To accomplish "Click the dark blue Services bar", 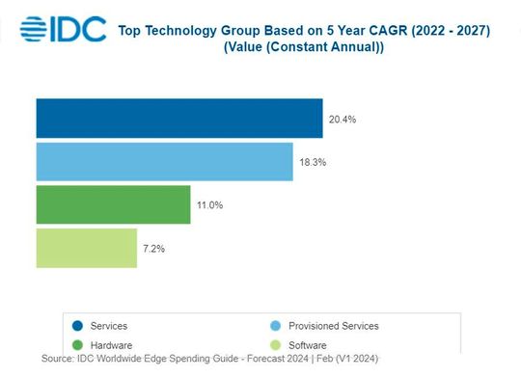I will (x=179, y=119).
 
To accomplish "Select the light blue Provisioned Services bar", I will (x=164, y=161).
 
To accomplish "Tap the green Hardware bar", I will (x=113, y=204).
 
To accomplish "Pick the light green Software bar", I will (x=86, y=248).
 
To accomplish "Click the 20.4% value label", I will (x=343, y=120).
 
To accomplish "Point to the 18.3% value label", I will (x=313, y=162).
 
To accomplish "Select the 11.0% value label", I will (x=210, y=205).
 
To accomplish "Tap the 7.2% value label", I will (x=154, y=249).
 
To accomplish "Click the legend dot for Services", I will (x=76, y=326).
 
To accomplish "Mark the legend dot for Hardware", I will (x=76, y=345).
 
